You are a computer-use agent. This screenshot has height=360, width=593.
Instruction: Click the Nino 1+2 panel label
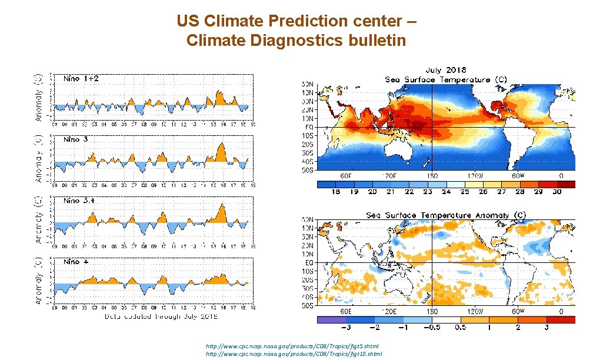click(x=77, y=79)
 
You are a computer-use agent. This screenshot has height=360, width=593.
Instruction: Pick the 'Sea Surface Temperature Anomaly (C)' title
click(x=447, y=215)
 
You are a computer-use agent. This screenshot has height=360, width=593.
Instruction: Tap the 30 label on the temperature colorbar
click(x=556, y=192)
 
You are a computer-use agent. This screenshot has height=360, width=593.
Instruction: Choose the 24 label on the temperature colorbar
click(x=447, y=192)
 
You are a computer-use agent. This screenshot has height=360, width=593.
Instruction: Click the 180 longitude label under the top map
click(x=432, y=176)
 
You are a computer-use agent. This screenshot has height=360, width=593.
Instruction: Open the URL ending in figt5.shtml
click(x=292, y=347)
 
